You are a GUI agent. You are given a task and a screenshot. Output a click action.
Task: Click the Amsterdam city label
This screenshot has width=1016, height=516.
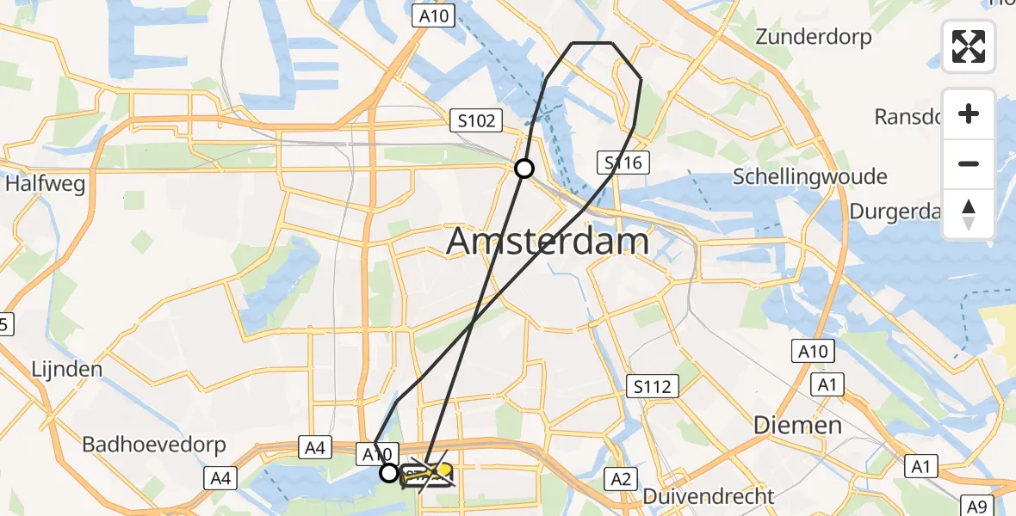point(548,242)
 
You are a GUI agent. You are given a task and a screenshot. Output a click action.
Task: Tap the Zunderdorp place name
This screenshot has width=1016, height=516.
point(813,37)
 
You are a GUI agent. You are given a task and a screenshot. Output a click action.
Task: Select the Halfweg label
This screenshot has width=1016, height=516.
point(46,184)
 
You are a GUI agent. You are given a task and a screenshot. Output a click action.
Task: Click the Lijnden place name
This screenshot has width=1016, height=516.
point(66,369)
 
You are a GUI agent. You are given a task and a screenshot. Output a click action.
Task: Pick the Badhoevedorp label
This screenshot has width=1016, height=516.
point(153,445)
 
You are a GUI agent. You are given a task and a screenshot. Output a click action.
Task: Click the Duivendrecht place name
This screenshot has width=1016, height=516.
point(709,495)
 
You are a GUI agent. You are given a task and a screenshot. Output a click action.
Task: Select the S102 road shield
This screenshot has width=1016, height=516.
point(476,121)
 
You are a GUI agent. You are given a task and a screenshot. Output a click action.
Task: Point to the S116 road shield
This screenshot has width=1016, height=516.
point(623,163)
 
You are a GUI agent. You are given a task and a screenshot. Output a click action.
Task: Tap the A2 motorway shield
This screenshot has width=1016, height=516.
point(620,478)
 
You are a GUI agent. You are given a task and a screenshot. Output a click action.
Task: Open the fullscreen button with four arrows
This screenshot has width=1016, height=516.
point(969,46)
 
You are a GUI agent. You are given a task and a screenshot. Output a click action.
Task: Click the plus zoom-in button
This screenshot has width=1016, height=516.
point(969,114)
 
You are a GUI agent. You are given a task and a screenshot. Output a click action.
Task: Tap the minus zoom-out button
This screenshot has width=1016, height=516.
point(969,163)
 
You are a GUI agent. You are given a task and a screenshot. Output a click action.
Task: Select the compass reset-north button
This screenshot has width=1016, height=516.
point(969,214)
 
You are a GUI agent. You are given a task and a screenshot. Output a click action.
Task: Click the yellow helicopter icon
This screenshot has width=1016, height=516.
point(427,473)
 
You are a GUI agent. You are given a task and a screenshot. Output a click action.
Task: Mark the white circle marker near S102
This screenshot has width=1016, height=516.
point(523,169)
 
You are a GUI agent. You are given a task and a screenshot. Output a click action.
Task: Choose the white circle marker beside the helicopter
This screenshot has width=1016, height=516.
point(389,473)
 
